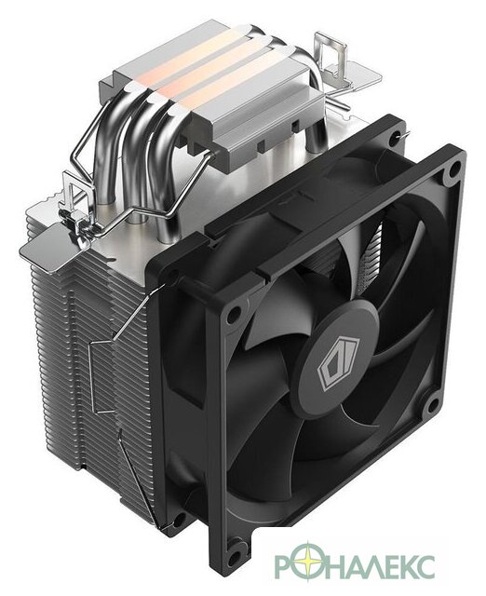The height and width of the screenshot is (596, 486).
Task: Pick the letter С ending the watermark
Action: click(423, 565)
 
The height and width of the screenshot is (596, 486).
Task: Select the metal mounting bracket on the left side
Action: click(78, 205)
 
